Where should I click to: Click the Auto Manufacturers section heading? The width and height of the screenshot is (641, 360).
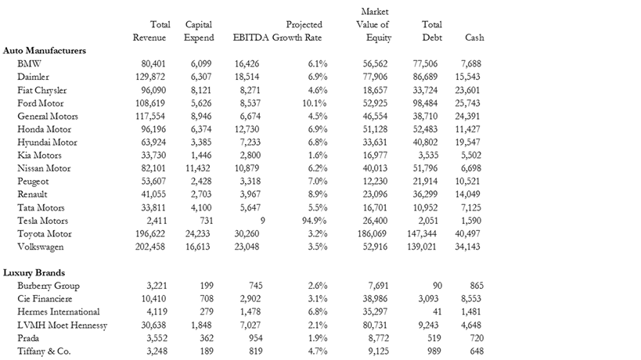tap(45, 50)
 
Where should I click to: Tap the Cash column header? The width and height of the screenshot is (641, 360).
tap(474, 38)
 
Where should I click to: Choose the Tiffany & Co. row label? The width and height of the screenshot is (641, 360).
tap(44, 351)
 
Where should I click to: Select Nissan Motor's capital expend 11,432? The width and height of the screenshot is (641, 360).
tap(196, 168)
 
